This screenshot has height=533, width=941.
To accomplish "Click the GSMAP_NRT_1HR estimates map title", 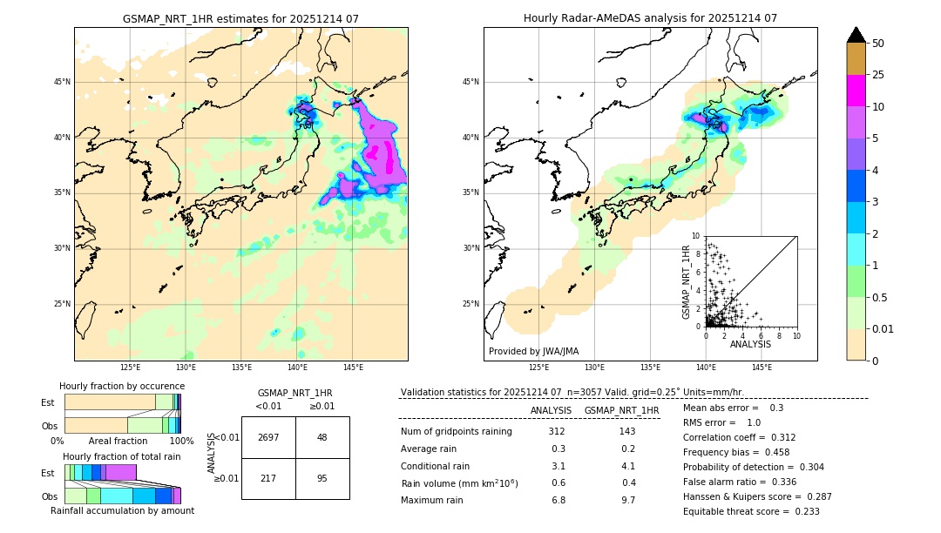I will point(240,18).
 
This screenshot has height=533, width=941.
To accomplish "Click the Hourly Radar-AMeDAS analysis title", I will point(650,18).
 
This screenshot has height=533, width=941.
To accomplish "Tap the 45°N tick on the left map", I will point(63,82).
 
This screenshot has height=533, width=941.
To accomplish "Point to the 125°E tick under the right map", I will point(539,368).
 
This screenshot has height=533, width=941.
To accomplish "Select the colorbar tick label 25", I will point(878,75).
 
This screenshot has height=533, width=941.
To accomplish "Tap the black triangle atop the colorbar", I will point(856,35).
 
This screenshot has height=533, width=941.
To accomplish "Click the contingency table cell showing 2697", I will point(268,437).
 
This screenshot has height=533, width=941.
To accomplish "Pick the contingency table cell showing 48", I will point(322,437).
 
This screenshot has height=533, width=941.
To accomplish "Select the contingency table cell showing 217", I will point(268,478).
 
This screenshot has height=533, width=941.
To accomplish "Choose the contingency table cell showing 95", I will point(322,478).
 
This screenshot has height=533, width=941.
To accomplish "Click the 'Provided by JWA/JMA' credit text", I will point(533,352).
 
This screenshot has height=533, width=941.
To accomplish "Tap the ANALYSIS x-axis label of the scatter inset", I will point(750,345).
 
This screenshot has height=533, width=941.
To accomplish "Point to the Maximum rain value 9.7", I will point(627,500).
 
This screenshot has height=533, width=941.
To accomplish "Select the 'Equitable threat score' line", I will point(751,511).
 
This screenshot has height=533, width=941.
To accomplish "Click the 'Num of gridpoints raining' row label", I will point(456,432).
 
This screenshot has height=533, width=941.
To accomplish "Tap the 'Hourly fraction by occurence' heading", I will point(122,386).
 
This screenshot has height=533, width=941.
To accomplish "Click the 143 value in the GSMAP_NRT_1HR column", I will point(627,432).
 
